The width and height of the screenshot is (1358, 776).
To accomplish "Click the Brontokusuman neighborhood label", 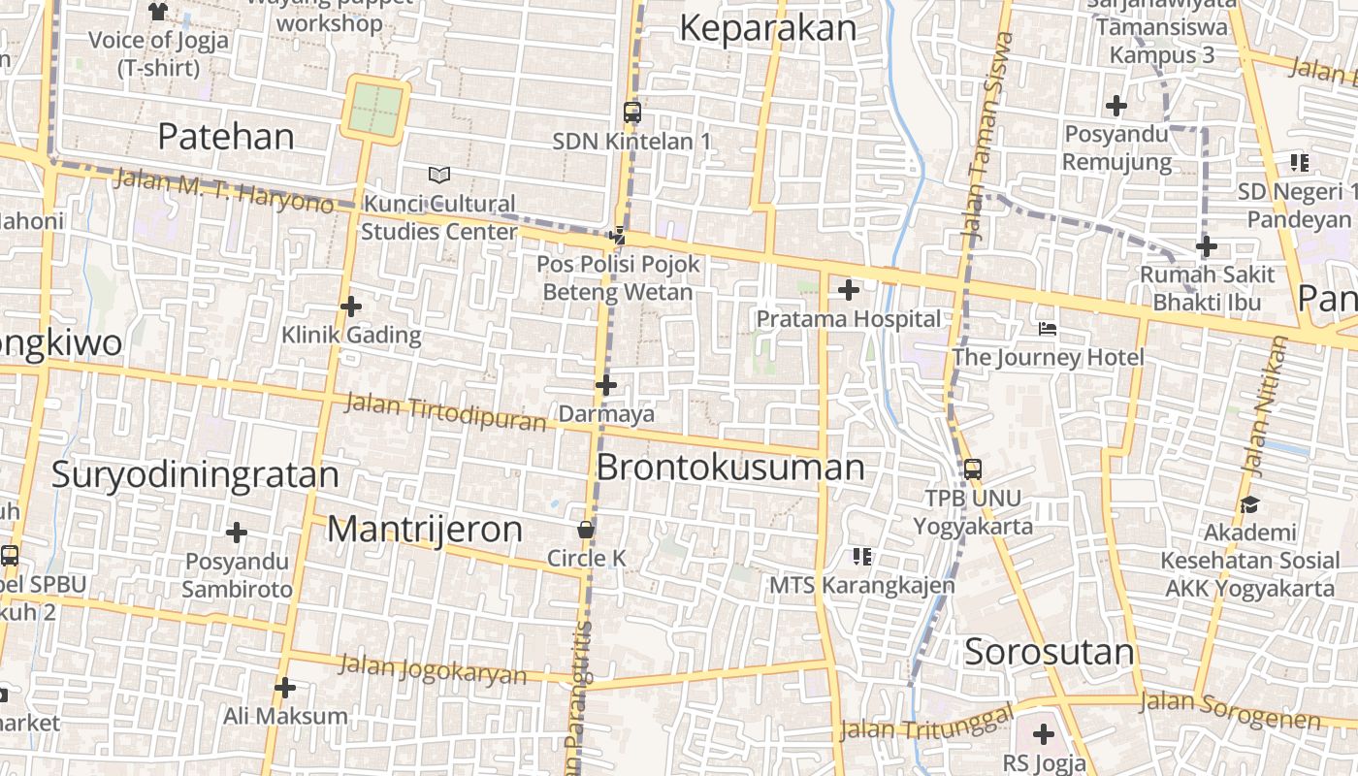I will click(729, 468).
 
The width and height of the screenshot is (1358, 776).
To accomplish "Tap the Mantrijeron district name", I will click(424, 530).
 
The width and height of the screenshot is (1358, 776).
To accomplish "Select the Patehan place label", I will click(225, 137).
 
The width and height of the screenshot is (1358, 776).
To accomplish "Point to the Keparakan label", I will click(767, 28).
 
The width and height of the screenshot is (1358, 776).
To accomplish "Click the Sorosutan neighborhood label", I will click(1049, 652).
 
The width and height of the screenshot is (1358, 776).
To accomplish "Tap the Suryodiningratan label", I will click(195, 475).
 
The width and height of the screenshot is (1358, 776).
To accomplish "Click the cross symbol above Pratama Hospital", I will click(849, 289).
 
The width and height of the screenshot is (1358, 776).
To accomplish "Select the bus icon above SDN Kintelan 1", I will click(632, 113).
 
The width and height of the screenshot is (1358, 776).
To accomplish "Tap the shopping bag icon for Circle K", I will click(586, 530).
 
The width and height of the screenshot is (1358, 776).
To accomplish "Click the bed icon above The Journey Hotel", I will click(1048, 329).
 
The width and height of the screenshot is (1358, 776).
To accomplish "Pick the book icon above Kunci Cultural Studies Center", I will click(439, 176).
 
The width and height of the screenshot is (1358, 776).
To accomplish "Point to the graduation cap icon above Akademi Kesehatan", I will click(1249, 504).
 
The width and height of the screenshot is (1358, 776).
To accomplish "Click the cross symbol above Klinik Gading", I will click(351, 307).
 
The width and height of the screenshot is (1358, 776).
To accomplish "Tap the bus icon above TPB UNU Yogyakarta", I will click(973, 469).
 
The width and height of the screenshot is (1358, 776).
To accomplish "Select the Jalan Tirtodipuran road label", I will click(446, 412).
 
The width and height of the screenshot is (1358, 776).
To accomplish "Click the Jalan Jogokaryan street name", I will click(433, 669).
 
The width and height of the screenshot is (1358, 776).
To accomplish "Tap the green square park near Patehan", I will click(375, 110).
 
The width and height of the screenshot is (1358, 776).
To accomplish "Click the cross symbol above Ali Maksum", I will click(285, 688).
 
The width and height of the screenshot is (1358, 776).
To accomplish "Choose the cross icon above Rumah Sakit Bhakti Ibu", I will click(1207, 246).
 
